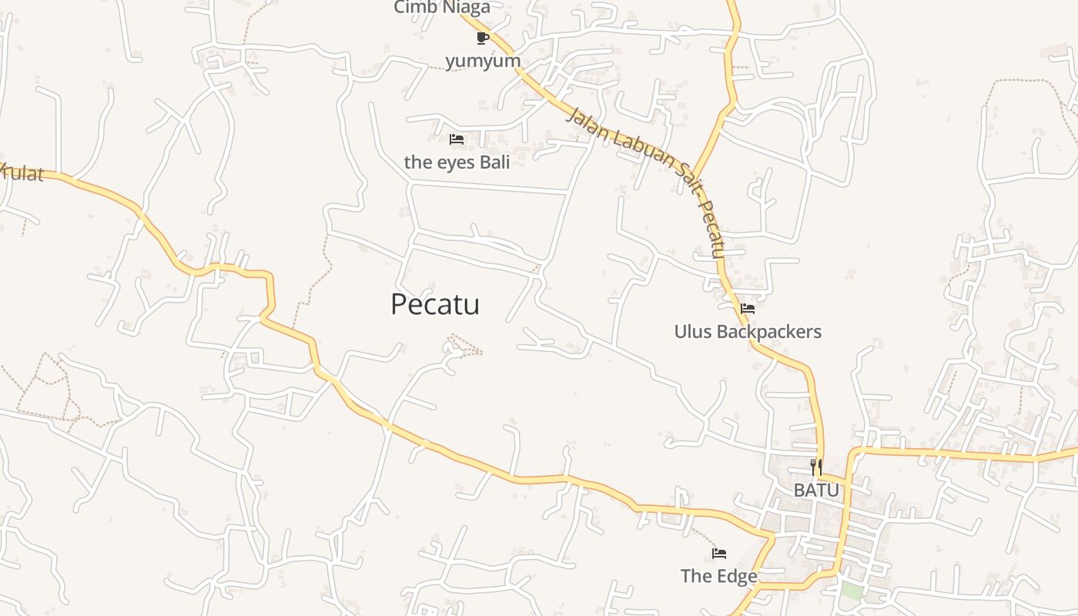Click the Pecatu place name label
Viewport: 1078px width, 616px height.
pyautogui.click(x=435, y=304)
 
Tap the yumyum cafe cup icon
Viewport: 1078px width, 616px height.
pyautogui.click(x=483, y=38)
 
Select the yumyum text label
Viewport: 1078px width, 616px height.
pyautogui.click(x=483, y=60)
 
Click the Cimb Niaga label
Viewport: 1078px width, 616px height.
pyautogui.click(x=442, y=8)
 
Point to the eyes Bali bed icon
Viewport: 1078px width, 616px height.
pyautogui.click(x=457, y=139)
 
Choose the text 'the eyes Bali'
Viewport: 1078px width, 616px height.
pyautogui.click(x=457, y=162)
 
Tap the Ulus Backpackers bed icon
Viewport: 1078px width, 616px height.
pyautogui.click(x=747, y=309)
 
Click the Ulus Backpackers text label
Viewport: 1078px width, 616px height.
pyautogui.click(x=748, y=332)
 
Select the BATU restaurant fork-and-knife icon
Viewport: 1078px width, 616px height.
pyautogui.click(x=816, y=467)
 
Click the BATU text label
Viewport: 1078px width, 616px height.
pyautogui.click(x=816, y=490)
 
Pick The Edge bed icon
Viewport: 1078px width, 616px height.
pyautogui.click(x=719, y=553)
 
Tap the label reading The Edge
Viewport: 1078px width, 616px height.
pyautogui.click(x=718, y=576)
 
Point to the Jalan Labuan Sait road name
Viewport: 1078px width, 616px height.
pyautogui.click(x=647, y=169)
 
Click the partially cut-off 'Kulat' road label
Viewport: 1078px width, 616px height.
pyautogui.click(x=22, y=172)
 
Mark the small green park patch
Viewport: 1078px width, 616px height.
pyautogui.click(x=850, y=591)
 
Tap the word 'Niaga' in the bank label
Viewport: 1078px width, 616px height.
pyautogui.click(x=467, y=8)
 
